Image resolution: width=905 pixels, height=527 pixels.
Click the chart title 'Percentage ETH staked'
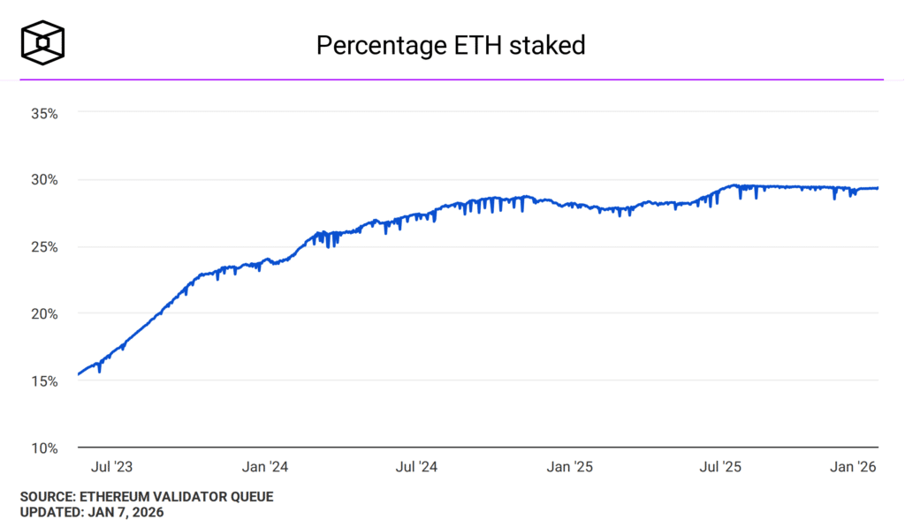tap(451, 45)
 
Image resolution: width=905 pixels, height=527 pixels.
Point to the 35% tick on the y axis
tap(43, 113)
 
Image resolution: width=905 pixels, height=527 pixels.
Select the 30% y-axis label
tap(43, 180)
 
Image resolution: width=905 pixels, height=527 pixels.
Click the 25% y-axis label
tap(43, 247)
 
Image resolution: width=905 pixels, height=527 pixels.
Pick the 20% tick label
tap(43, 313)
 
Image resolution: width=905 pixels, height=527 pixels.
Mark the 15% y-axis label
tap(43, 381)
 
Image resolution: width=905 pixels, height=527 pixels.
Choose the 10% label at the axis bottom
tap(43, 448)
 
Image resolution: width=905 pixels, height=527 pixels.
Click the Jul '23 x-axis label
tap(114, 466)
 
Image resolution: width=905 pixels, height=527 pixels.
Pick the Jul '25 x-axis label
tap(721, 466)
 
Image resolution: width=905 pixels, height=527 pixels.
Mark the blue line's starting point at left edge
tap(79, 374)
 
